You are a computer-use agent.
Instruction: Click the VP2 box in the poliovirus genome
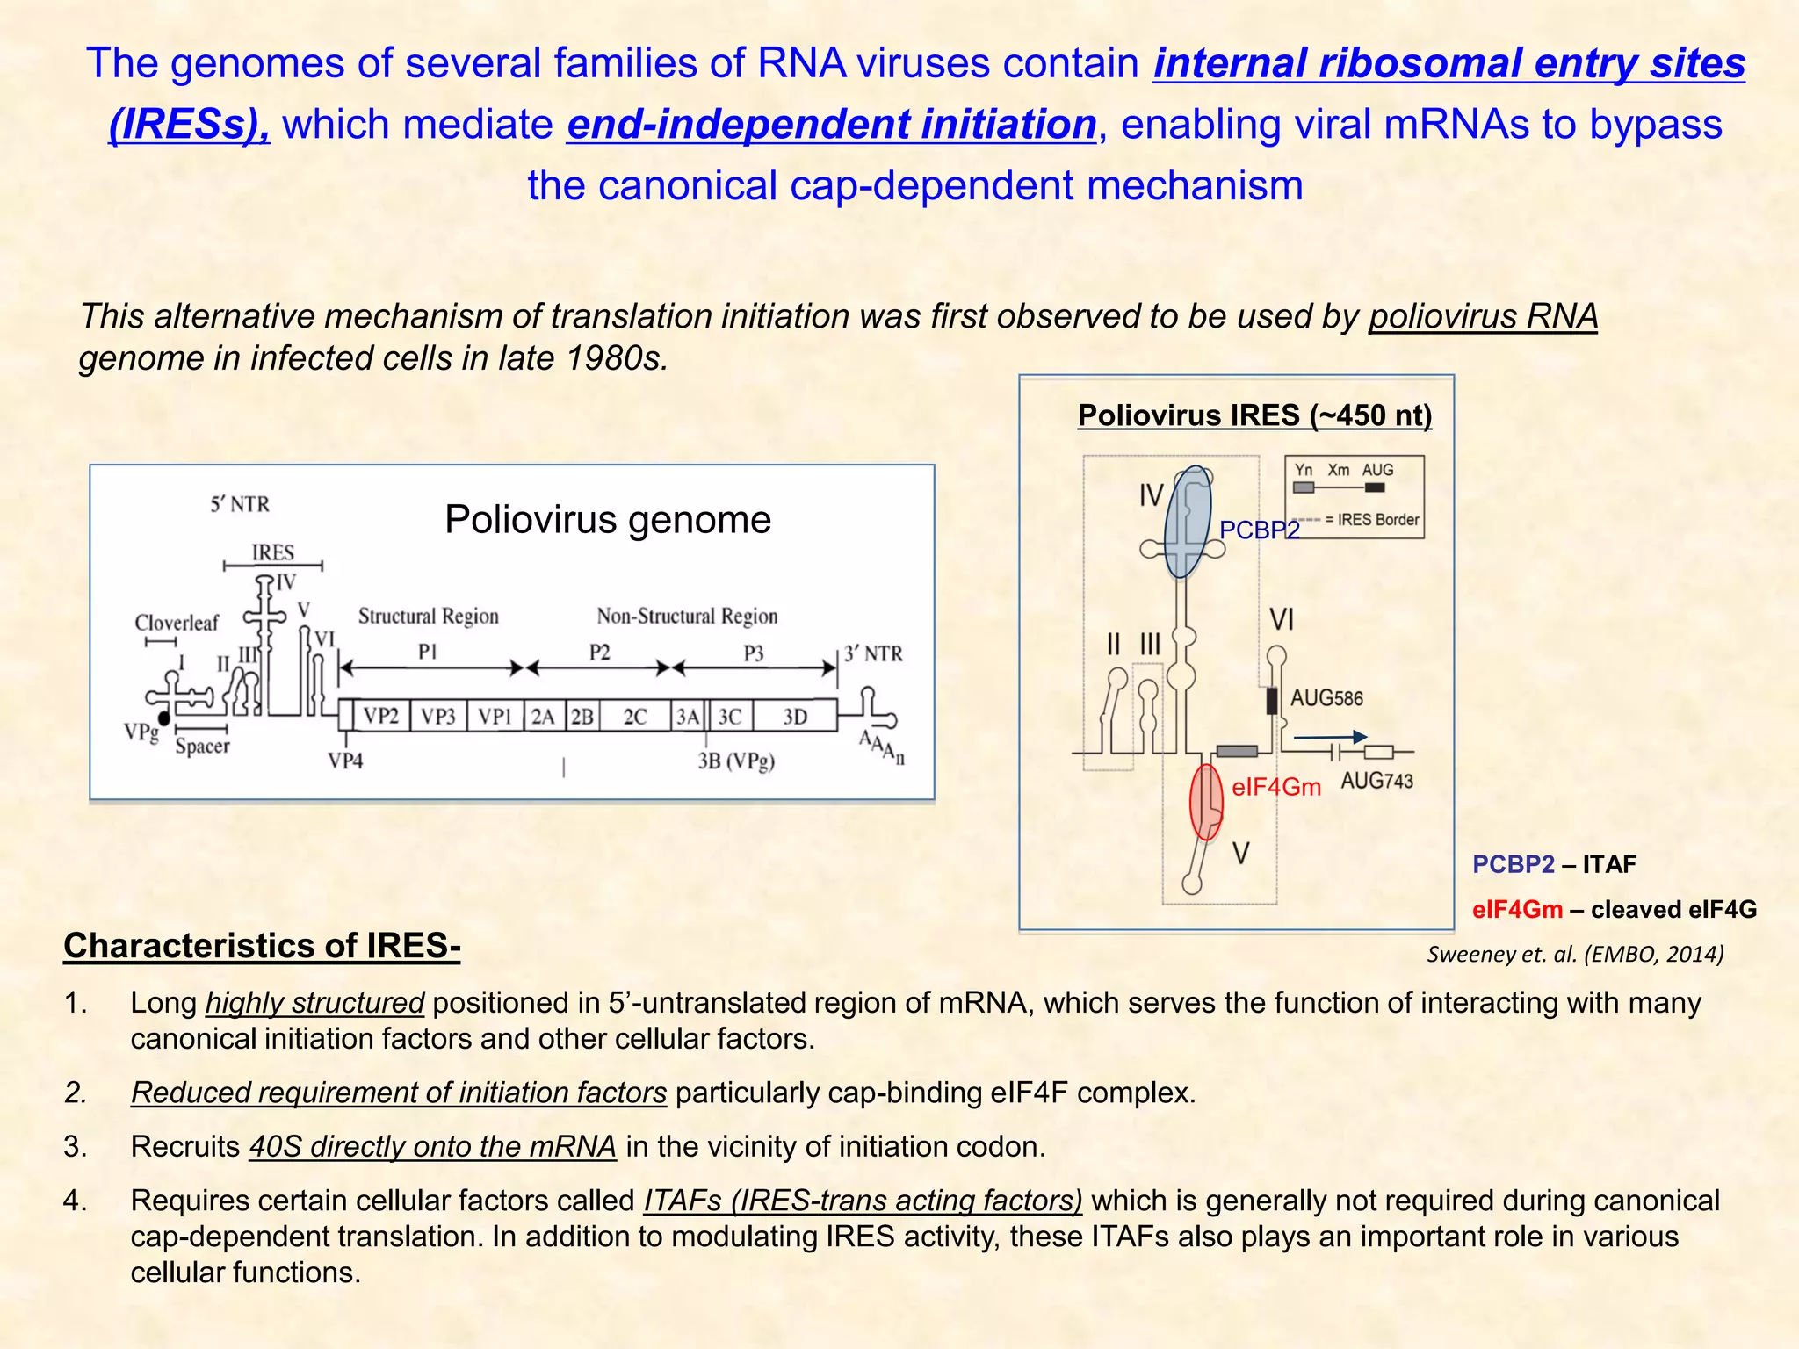381,716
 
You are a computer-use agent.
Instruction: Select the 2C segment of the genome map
634,717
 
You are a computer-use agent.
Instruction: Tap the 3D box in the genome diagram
795,717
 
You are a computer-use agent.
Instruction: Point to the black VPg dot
164,718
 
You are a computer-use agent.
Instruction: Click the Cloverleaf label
177,623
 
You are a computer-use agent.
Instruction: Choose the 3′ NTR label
873,653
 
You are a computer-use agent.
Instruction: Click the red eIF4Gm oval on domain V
1205,802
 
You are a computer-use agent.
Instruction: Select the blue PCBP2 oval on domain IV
1187,522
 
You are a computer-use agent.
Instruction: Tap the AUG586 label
1326,698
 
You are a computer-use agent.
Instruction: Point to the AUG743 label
1376,780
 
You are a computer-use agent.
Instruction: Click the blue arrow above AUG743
1331,737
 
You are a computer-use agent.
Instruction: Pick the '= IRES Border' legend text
1372,520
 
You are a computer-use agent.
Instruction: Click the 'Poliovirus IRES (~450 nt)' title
1254,415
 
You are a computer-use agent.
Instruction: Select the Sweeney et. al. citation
1575,954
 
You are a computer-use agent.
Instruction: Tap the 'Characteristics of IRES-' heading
262,946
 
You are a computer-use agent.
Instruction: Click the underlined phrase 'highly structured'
314,1002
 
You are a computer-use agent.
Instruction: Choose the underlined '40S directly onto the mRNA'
432,1146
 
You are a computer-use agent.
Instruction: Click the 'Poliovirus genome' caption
608,519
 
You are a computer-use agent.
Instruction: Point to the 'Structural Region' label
428,616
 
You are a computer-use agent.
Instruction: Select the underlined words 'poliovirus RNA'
1483,316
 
